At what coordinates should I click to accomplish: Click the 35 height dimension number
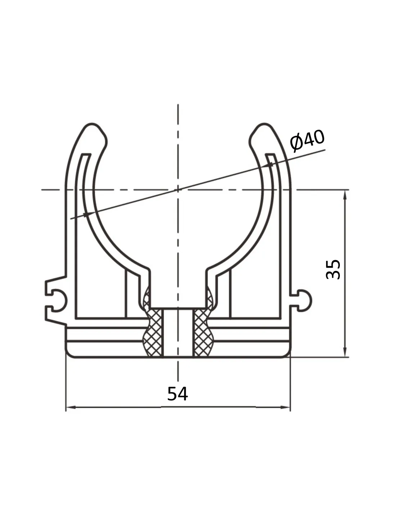333,269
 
